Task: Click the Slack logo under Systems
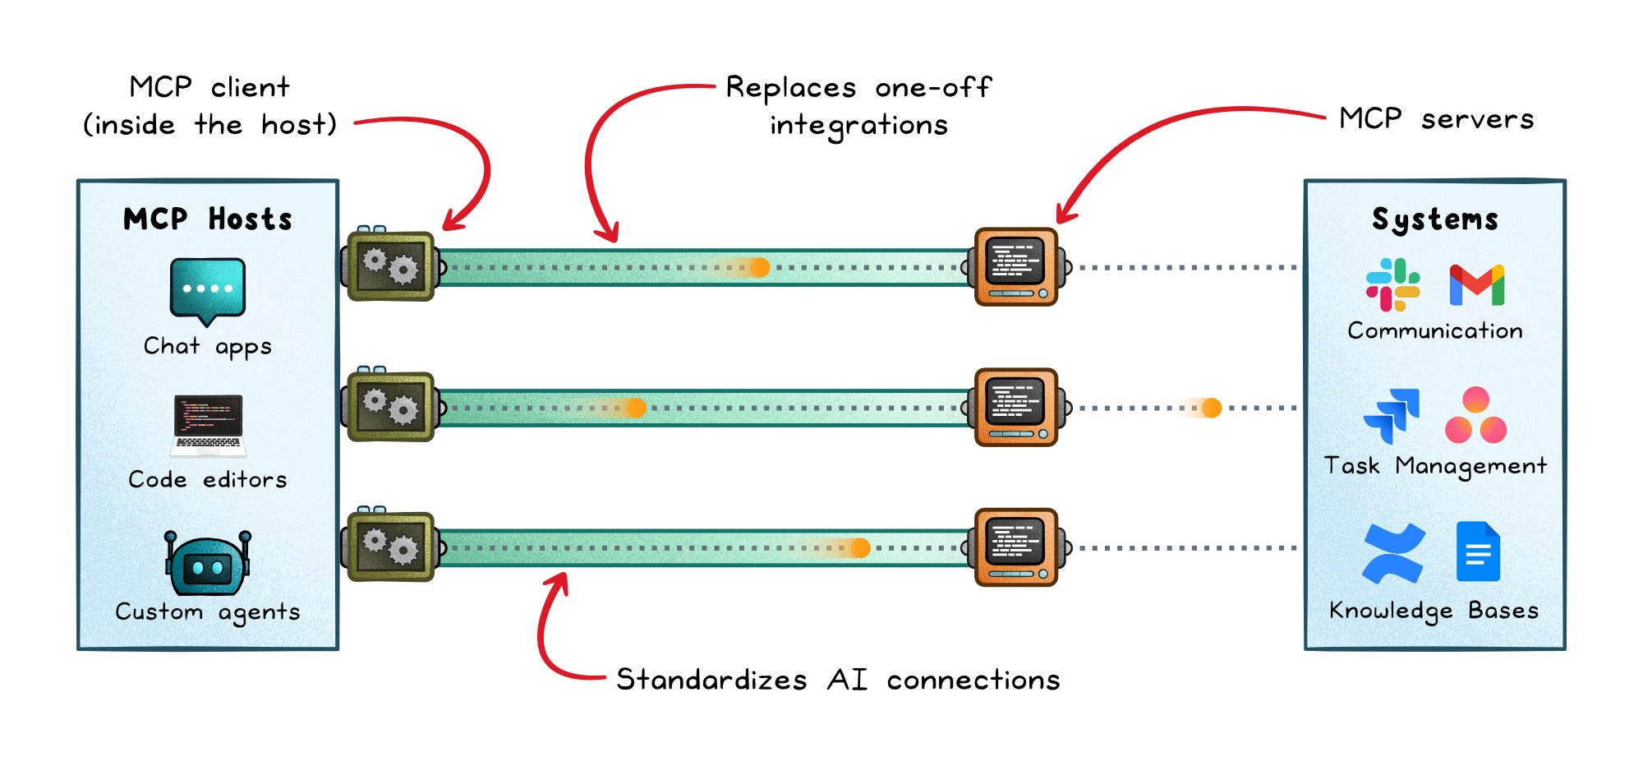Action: click(1392, 284)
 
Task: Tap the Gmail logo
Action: click(1477, 285)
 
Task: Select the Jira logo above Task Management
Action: click(1391, 416)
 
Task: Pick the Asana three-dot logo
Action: click(1475, 415)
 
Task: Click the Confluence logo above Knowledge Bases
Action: click(1393, 553)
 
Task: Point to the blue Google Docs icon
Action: click(1478, 551)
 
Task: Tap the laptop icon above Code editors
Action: click(208, 426)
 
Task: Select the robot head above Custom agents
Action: click(208, 563)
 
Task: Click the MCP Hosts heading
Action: click(208, 219)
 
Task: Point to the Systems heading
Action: click(1435, 219)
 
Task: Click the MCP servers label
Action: click(1436, 119)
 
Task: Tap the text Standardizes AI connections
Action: click(838, 680)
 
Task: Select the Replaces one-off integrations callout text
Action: click(859, 106)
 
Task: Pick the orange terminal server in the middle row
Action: click(1017, 407)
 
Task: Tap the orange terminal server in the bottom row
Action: click(1017, 547)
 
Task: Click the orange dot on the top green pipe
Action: click(760, 267)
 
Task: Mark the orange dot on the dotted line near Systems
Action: click(1212, 408)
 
